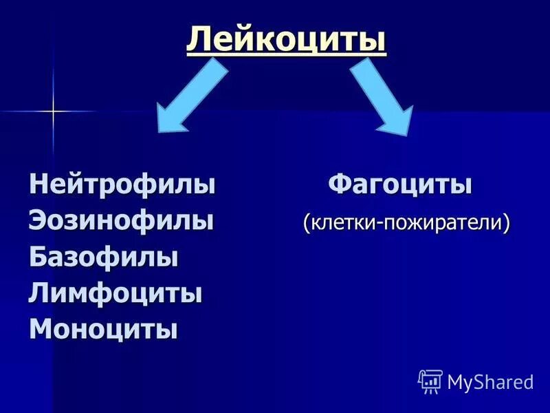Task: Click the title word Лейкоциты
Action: [x=286, y=39]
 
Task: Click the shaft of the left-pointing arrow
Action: [x=203, y=81]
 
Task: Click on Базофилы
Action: [x=104, y=257]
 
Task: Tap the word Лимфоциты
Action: [x=115, y=294]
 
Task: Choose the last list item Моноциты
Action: [x=103, y=329]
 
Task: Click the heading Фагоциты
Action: [x=399, y=185]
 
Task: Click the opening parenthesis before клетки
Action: [x=306, y=223]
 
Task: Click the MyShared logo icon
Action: [x=430, y=381]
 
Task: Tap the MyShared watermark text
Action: [x=489, y=381]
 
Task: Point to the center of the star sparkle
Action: [x=52, y=111]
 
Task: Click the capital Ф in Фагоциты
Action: [x=339, y=185]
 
